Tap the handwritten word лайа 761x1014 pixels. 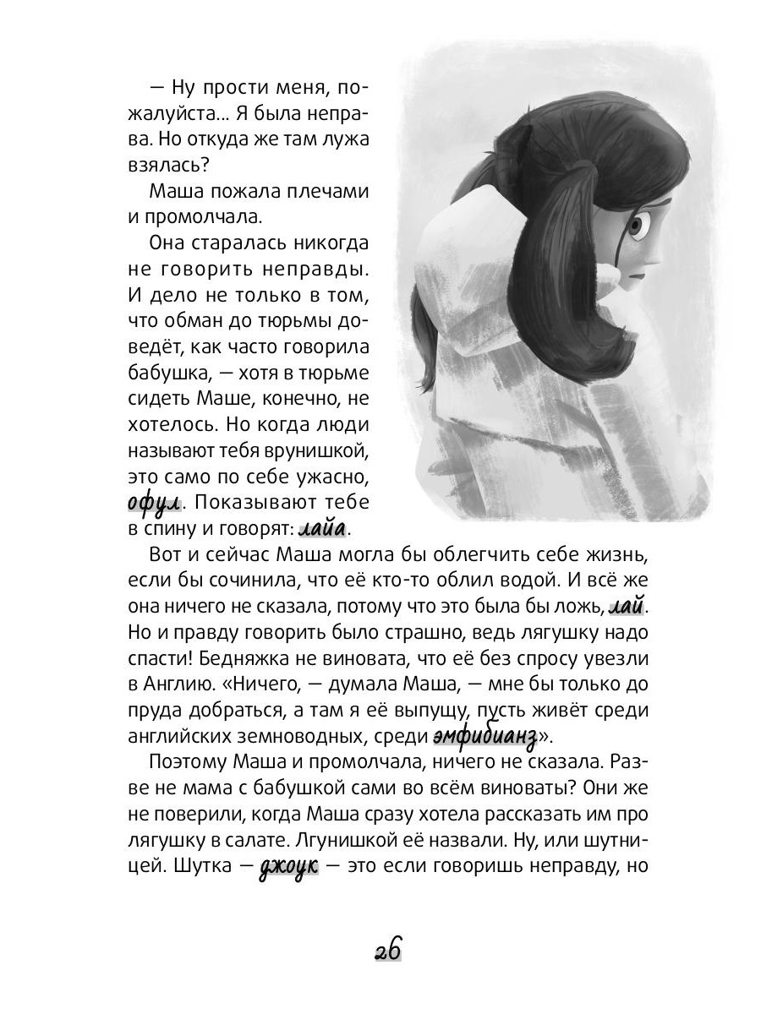click(x=323, y=530)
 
